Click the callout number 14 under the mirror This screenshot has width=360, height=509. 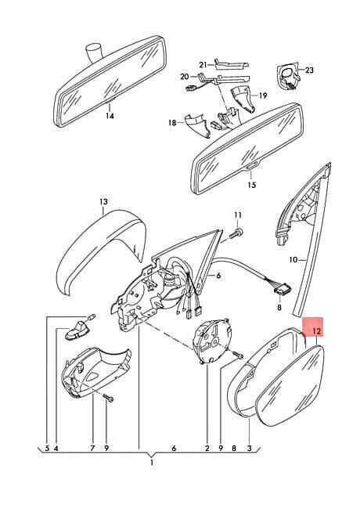(110, 116)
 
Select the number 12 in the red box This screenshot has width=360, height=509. (316, 331)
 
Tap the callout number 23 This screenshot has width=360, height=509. (309, 70)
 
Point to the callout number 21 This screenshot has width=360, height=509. (203, 65)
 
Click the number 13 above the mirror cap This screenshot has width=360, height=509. (103, 201)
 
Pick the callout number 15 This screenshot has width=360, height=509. (252, 185)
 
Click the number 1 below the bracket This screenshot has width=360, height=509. (152, 463)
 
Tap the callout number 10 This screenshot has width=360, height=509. (293, 260)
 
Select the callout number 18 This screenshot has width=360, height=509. (172, 123)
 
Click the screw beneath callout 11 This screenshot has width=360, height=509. (236, 233)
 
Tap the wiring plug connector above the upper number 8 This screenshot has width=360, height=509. (282, 288)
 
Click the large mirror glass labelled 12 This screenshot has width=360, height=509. (290, 385)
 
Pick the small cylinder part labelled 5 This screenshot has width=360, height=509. (91, 316)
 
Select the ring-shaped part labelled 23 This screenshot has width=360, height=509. (287, 75)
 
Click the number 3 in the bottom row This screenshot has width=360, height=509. (249, 448)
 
